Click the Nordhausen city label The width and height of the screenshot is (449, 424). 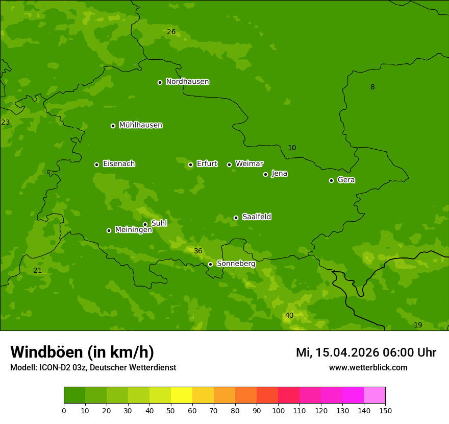point(187,82)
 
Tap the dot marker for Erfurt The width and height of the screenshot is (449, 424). point(190,164)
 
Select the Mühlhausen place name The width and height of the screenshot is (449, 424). point(140,125)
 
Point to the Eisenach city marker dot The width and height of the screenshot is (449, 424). point(96,164)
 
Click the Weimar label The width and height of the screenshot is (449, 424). point(249,164)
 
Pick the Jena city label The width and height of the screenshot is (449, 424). point(279,174)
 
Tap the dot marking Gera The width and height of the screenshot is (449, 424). point(331,180)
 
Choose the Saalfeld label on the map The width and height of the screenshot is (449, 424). point(256,217)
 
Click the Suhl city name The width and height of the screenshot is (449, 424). point(159,223)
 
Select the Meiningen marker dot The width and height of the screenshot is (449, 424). point(109,230)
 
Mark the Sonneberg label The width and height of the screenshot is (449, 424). point(236,264)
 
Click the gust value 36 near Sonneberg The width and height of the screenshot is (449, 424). point(198,251)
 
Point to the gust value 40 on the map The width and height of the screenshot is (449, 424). point(289,316)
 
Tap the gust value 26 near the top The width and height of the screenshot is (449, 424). point(171,32)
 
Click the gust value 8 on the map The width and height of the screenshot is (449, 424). point(372,87)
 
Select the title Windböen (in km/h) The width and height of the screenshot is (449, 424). point(82,352)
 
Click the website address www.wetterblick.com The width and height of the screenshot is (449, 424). point(368,367)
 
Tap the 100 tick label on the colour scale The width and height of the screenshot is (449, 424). point(278,410)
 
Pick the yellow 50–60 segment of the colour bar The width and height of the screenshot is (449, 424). point(182,395)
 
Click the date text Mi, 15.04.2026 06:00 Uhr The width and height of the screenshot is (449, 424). point(366,352)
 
